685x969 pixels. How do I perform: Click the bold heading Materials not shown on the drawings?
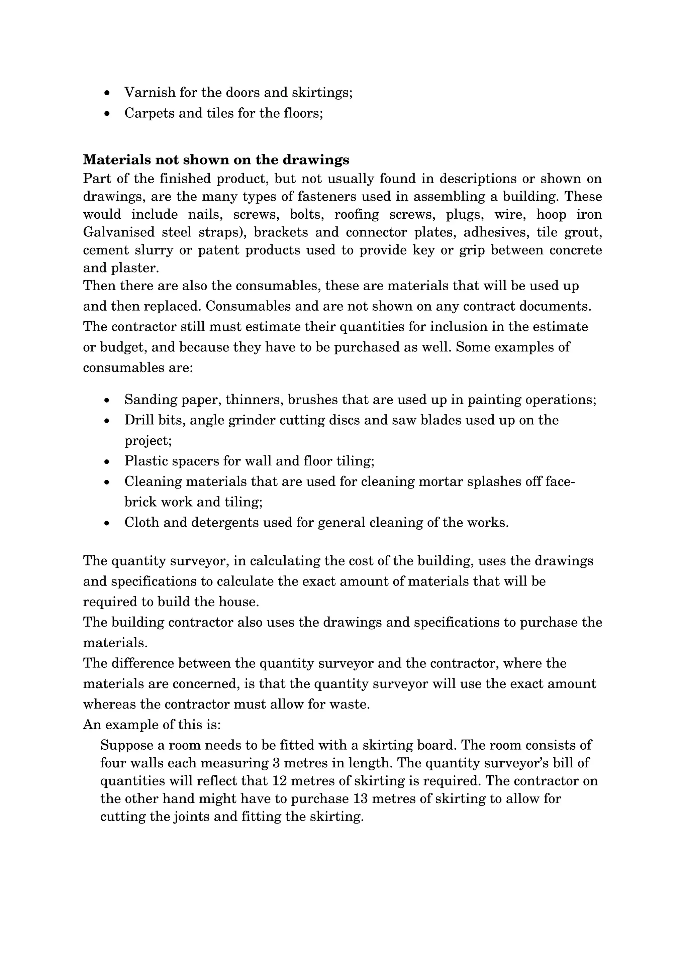coord(216,160)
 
